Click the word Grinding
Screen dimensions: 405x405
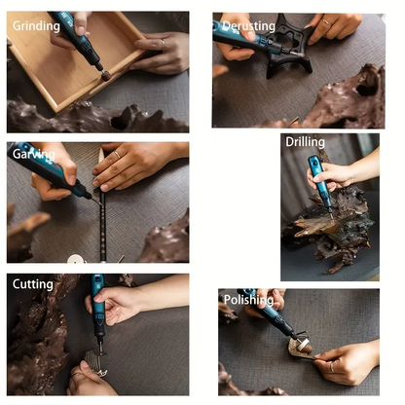[x=35, y=26]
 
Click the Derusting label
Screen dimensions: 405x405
[x=248, y=25]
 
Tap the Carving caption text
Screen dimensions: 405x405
[x=33, y=154]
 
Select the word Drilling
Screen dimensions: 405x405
[x=305, y=142]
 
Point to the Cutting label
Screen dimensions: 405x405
[x=32, y=284]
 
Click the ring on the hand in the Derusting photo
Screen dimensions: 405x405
[x=326, y=21]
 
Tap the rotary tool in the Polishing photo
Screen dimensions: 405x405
[x=271, y=316]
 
